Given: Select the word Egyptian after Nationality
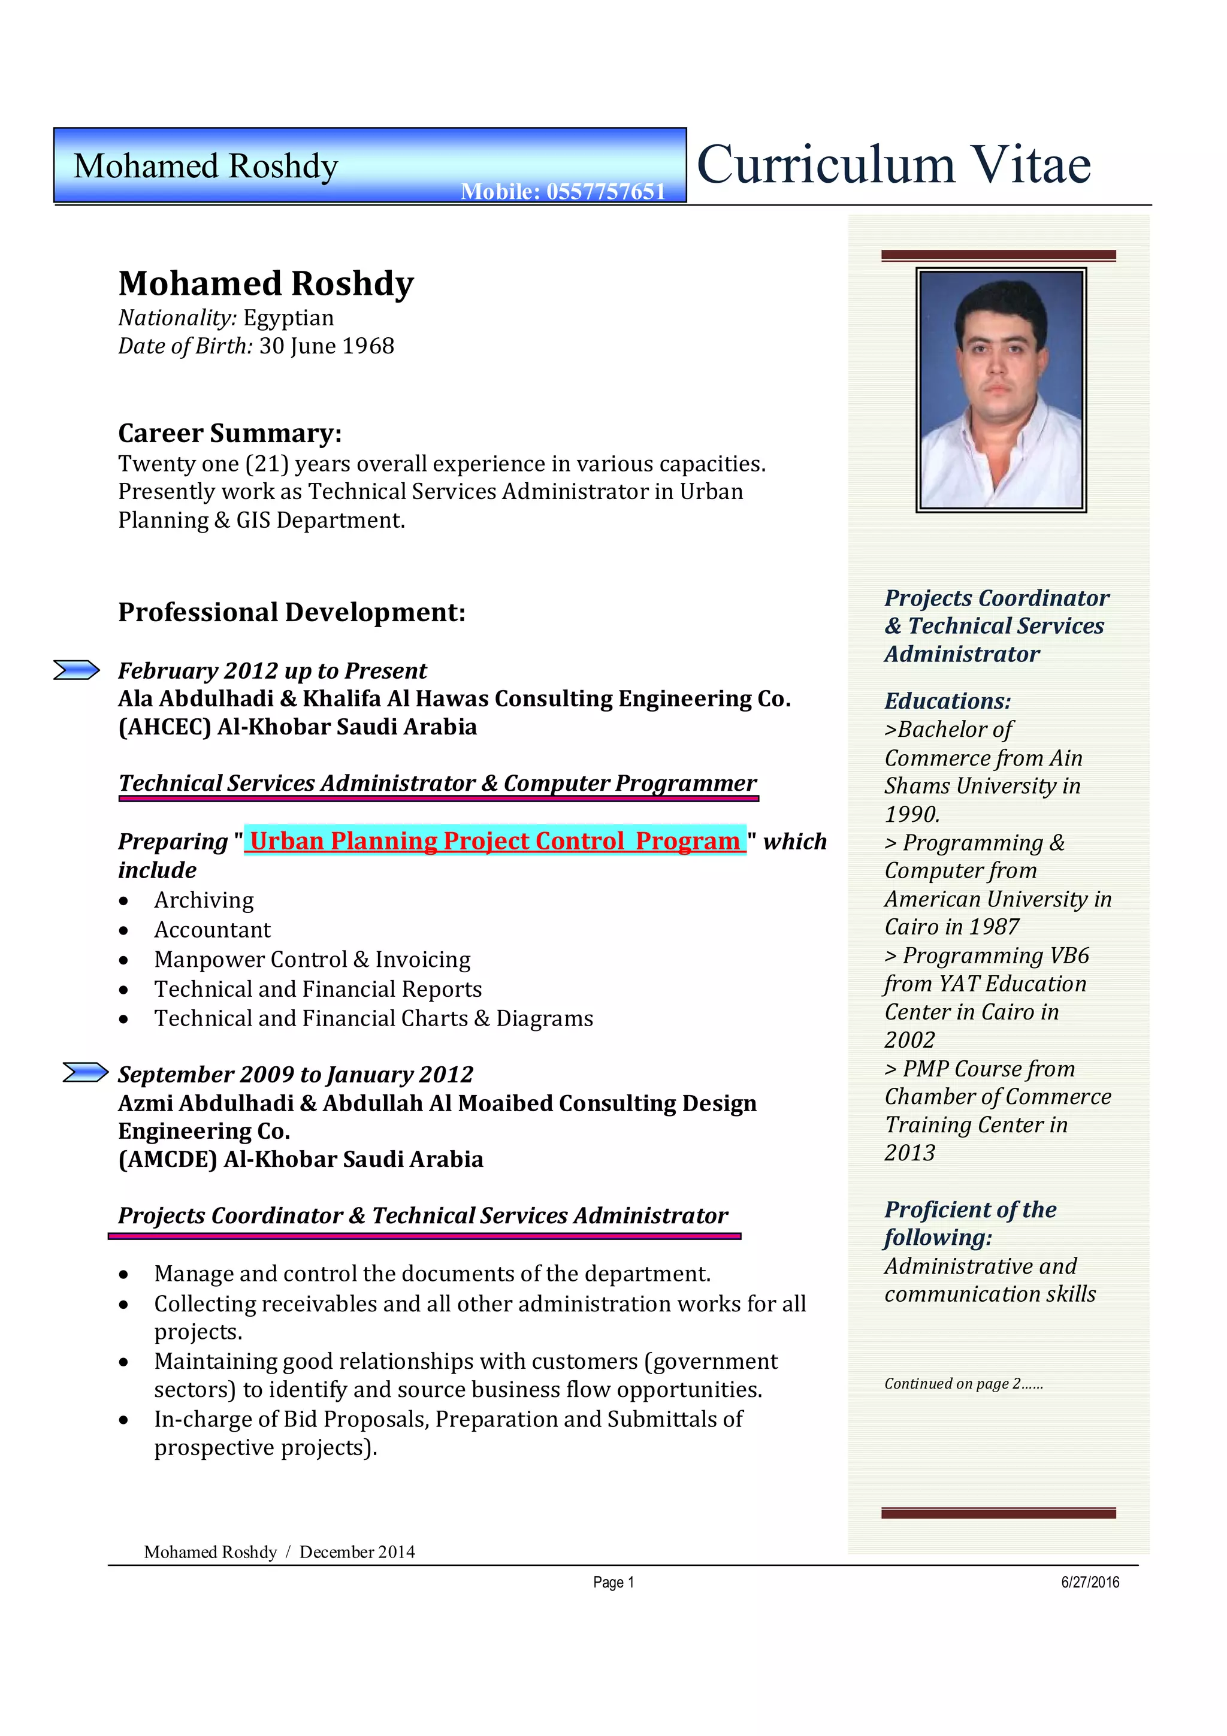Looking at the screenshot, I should (288, 317).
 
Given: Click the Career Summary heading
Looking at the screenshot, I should (230, 433).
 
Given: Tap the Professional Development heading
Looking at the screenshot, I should (292, 612).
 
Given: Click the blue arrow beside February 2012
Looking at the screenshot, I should (76, 670).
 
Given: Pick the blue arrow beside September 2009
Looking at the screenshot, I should (86, 1072).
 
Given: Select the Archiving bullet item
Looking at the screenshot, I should (204, 900).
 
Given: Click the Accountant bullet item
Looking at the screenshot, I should (213, 930).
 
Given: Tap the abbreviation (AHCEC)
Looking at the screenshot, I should (164, 727).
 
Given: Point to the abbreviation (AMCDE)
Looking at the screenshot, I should (167, 1159).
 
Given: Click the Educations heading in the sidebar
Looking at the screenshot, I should (947, 701).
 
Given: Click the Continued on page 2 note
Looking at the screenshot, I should (963, 1384).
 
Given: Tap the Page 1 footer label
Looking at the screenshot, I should (613, 1583).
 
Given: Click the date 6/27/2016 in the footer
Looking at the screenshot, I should (1089, 1583).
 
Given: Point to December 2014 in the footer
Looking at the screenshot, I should (357, 1552).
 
